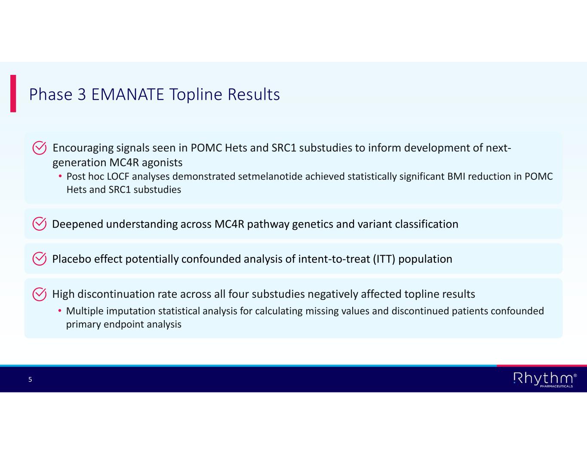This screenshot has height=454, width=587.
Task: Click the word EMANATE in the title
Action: (127, 94)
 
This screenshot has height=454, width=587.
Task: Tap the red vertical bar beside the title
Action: (13, 93)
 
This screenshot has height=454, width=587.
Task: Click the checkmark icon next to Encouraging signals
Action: (40, 148)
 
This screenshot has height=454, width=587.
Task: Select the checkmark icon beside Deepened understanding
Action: (40, 224)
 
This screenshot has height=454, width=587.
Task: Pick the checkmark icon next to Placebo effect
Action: (40, 259)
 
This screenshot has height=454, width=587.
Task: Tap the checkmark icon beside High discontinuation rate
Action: (40, 294)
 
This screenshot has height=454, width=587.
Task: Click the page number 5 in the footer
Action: (30, 380)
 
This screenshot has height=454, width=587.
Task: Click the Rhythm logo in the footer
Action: (545, 380)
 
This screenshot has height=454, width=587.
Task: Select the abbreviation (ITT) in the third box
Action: (384, 259)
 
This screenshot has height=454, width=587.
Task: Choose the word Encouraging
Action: (83, 148)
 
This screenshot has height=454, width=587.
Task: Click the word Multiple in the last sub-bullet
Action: (85, 311)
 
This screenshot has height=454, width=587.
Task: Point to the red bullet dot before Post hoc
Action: (60, 176)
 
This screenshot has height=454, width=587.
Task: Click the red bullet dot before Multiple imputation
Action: (60, 311)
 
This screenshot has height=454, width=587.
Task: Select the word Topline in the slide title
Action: (196, 95)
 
